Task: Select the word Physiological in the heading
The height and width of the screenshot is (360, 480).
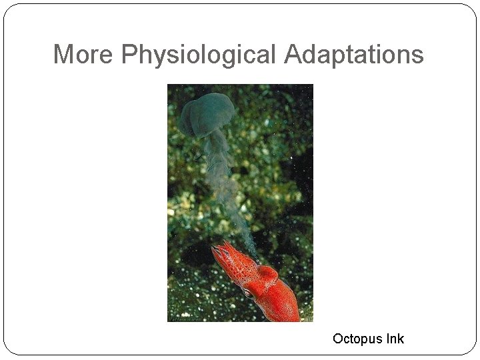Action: (199, 55)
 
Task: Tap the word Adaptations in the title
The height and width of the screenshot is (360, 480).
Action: (353, 55)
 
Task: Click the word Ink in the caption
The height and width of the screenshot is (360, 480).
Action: (393, 339)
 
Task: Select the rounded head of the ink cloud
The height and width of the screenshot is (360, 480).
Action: (207, 113)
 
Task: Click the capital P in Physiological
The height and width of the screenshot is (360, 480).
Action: (129, 54)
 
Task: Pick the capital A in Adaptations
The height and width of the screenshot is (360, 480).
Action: (293, 54)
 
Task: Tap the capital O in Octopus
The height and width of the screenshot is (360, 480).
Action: (338, 339)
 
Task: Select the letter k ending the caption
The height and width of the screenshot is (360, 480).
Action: (400, 339)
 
